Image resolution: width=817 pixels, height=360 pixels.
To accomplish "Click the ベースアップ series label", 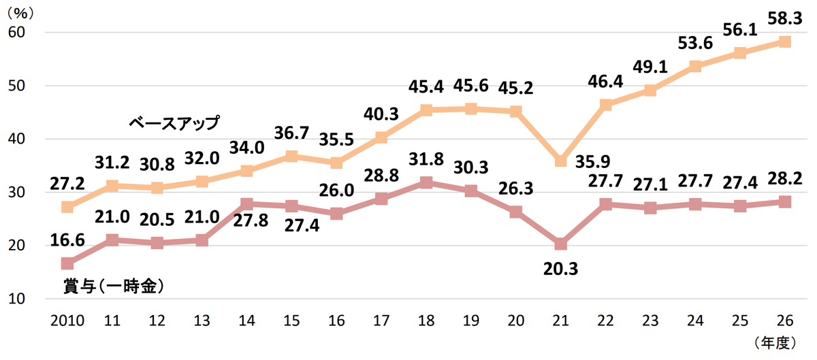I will click(x=175, y=123).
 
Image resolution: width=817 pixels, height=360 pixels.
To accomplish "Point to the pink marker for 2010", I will click(x=67, y=263).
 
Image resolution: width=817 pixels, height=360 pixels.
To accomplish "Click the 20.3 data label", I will click(x=561, y=269).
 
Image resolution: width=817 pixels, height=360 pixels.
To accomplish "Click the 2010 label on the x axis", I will click(x=67, y=320).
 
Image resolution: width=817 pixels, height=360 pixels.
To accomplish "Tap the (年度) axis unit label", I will click(x=775, y=343).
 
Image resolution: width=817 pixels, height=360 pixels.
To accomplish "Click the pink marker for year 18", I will click(x=426, y=182).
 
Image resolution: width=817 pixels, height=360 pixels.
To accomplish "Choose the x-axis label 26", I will click(x=784, y=320).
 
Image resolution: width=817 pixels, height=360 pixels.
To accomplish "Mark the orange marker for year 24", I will click(x=695, y=66).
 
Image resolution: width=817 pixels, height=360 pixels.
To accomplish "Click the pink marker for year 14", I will click(x=246, y=203).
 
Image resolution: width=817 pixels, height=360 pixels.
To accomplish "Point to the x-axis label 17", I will click(x=381, y=320).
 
